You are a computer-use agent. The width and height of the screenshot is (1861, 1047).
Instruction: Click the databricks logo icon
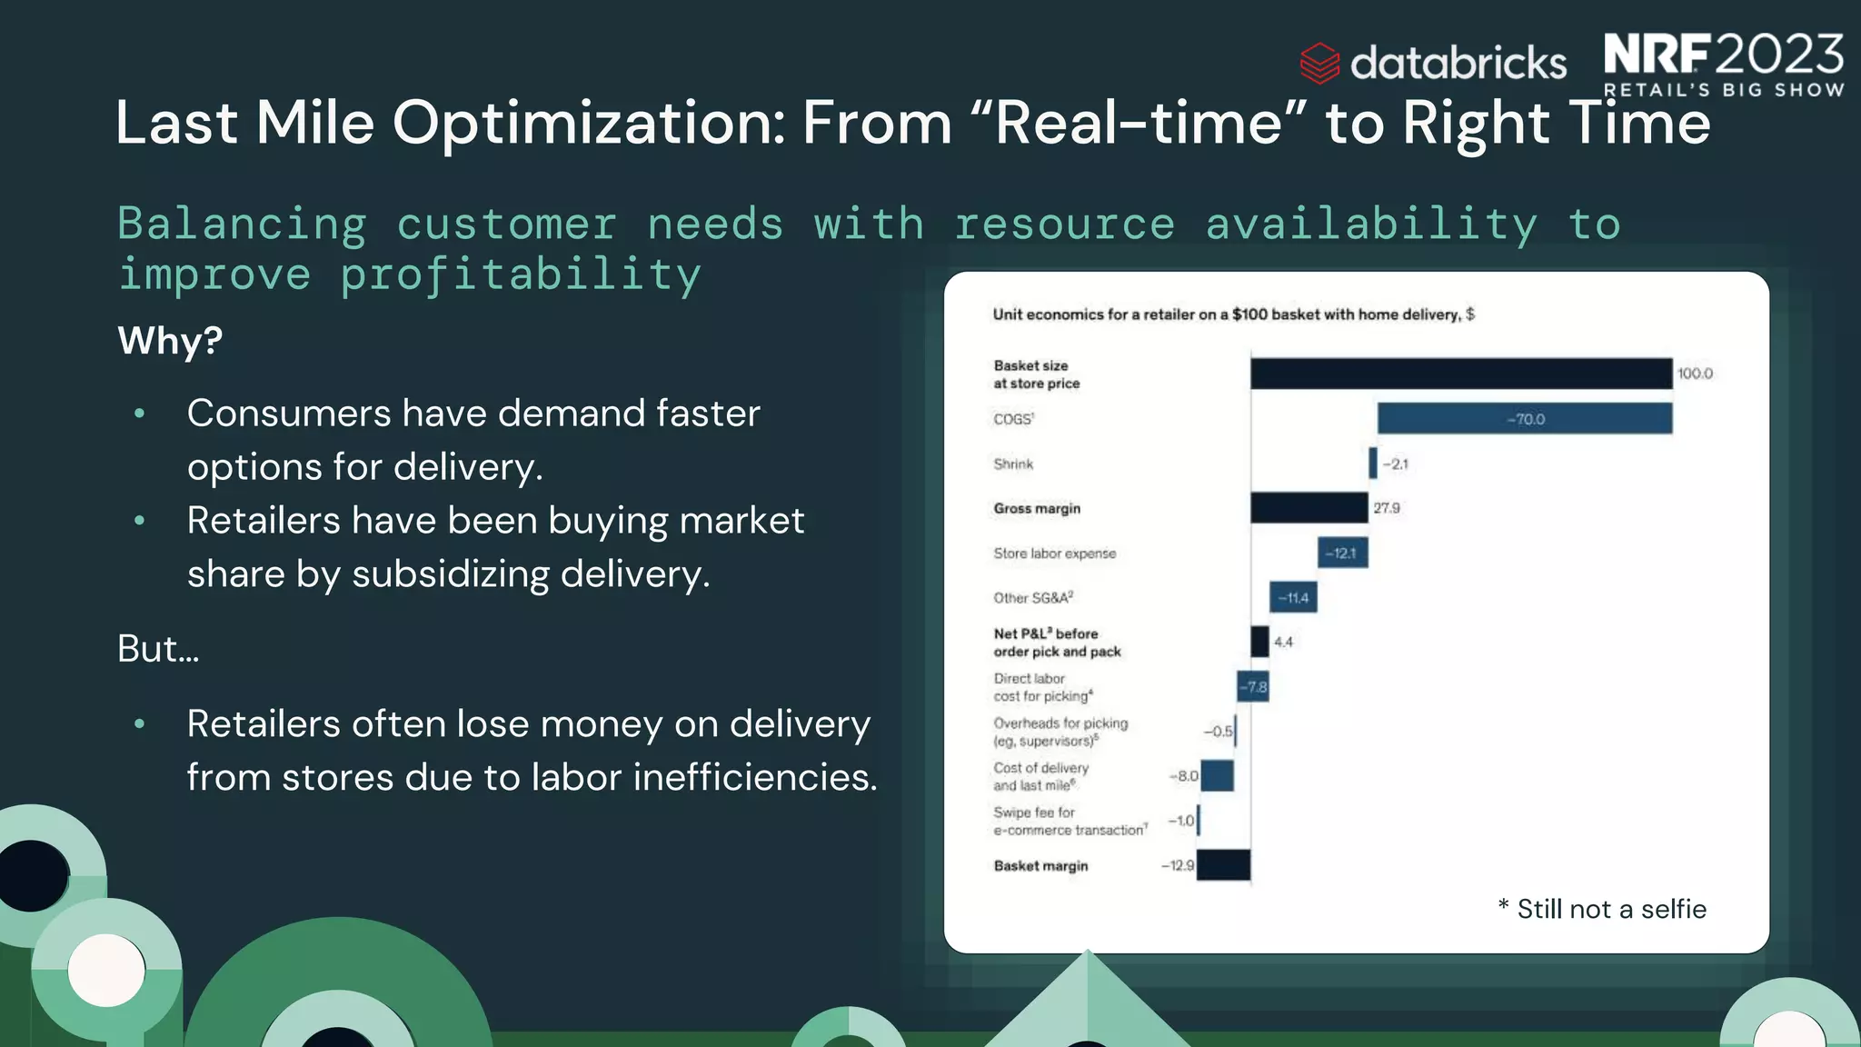[1319, 63]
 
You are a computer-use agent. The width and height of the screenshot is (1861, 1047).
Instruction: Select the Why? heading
[170, 341]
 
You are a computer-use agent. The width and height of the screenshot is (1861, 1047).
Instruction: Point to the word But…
[158, 649]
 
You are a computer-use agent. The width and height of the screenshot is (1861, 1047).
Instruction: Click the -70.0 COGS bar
[1524, 419]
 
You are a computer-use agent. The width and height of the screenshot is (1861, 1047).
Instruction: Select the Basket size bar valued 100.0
[1460, 374]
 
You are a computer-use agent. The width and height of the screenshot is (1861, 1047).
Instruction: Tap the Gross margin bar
[1309, 508]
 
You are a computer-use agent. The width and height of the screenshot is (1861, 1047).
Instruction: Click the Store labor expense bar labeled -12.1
[1342, 553]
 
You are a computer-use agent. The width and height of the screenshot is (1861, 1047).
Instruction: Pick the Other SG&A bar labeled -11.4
[1292, 597]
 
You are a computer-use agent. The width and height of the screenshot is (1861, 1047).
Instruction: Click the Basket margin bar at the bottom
[1223, 865]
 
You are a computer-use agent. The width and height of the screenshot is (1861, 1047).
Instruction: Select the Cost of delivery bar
[1218, 776]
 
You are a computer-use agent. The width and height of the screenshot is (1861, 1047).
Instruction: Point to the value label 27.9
[1387, 508]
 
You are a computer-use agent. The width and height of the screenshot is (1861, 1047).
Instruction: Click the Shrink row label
[1013, 464]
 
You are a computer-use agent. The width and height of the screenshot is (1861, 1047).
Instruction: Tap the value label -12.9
[1178, 865]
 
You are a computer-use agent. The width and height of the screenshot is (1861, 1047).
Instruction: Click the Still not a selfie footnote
[1602, 909]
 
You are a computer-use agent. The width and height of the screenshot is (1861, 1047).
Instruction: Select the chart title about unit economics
[1233, 314]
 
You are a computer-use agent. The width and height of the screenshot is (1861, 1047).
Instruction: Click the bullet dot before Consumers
[139, 414]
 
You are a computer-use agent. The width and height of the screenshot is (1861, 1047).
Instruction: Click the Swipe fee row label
[1069, 821]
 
